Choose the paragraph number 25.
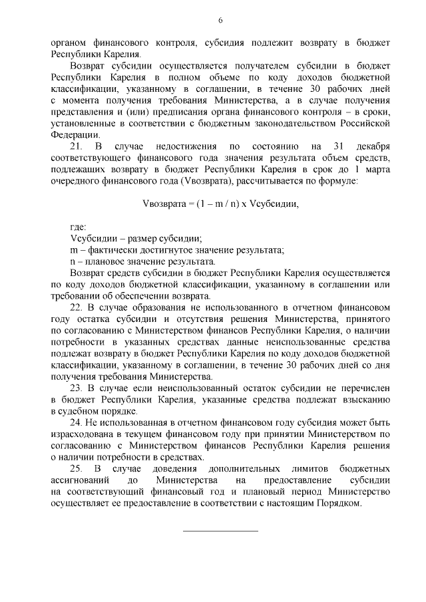[75, 470]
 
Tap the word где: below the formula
[79, 227]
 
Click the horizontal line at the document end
[220, 530]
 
